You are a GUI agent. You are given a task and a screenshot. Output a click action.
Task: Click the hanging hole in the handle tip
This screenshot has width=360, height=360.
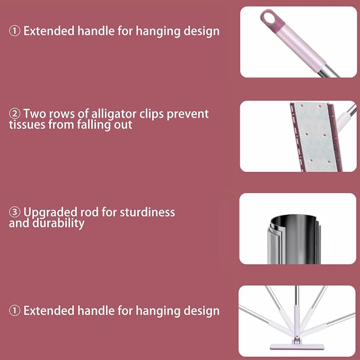(269, 18)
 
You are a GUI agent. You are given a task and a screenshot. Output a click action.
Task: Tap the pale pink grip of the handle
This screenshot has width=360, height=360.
(302, 46)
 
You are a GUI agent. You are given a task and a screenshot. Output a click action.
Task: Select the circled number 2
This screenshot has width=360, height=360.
(14, 113)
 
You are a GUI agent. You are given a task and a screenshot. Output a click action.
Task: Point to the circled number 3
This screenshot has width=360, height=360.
(14, 212)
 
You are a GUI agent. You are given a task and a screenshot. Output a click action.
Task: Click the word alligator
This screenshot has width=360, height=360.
(113, 115)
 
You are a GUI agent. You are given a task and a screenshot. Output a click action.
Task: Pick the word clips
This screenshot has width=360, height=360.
(151, 115)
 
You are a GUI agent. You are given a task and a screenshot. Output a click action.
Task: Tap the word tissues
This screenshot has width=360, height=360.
(27, 125)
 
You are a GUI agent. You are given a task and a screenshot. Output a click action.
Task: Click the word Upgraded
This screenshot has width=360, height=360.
(50, 213)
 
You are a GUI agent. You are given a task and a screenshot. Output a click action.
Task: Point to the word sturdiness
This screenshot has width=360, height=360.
(147, 212)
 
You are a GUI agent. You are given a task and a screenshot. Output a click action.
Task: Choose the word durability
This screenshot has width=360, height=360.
(58, 223)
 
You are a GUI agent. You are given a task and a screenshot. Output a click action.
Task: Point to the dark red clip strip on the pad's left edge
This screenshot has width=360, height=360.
(297, 137)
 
